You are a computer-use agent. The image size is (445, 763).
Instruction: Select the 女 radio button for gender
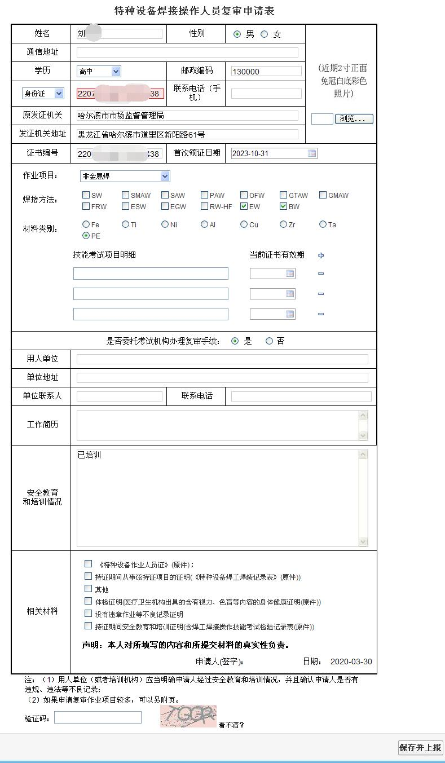264,34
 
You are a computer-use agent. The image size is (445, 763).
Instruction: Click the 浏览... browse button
354,119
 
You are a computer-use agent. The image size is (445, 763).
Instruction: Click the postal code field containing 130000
266,72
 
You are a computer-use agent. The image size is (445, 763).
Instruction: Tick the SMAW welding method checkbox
126,195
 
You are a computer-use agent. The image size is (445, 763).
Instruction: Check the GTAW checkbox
284,195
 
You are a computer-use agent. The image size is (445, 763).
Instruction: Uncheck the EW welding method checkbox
244,206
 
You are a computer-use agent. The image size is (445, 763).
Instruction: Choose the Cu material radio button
244,224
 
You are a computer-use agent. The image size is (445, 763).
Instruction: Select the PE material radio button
86,236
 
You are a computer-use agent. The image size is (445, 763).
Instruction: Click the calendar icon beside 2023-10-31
312,153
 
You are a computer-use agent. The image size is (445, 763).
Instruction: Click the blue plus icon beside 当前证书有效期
321,255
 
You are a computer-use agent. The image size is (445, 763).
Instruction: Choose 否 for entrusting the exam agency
269,341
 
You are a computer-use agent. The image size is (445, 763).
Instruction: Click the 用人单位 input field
222,359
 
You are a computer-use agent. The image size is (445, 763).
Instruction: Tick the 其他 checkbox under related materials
89,589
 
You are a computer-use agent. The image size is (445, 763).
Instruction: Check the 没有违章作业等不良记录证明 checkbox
89,614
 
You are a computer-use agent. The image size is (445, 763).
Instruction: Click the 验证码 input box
98,717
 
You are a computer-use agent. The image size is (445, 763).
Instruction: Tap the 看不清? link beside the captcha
231,725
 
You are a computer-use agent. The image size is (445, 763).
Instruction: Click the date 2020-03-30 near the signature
351,661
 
